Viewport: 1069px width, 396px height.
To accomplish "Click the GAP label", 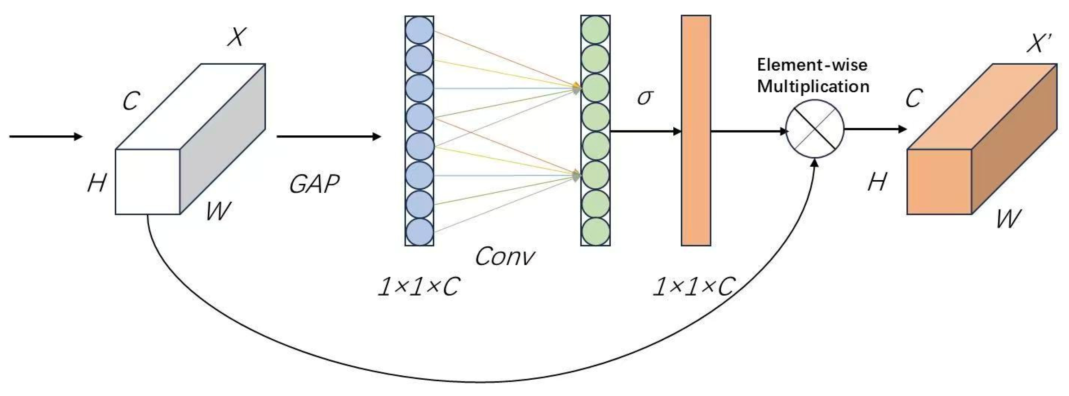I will (x=314, y=184).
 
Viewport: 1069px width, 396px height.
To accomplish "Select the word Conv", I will (x=504, y=257).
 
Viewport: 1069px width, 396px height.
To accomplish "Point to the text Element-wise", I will (x=812, y=65).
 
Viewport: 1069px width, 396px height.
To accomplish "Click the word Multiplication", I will (x=813, y=86).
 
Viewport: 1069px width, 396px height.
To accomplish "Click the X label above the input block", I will (x=237, y=37).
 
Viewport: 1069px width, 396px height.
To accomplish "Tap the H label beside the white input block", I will (x=97, y=183).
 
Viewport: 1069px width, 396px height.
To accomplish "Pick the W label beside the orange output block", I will (x=1008, y=218).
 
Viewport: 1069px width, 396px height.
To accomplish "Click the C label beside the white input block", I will (x=131, y=101).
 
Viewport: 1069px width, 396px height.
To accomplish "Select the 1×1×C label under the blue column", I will (x=418, y=286).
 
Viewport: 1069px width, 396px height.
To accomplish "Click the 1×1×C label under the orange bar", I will (x=693, y=286).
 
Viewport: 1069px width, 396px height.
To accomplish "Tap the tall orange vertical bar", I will (x=696, y=131).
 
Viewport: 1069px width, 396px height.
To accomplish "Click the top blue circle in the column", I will (x=419, y=30).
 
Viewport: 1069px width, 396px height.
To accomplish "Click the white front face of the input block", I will (x=147, y=182).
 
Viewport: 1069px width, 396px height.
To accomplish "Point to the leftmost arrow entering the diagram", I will (x=46, y=136).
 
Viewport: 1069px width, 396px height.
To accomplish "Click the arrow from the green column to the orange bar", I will (x=646, y=132).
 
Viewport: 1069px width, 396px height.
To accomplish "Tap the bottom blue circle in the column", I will (x=419, y=232).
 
